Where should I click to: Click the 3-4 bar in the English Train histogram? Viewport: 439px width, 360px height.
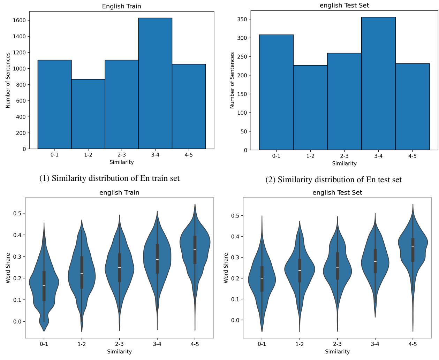(155, 84)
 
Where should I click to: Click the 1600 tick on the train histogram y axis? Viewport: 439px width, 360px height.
(20, 20)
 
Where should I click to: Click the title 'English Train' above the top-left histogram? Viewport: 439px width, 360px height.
(121, 6)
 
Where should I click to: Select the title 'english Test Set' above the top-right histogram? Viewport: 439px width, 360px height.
(344, 5)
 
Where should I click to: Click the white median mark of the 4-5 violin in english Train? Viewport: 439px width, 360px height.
(195, 249)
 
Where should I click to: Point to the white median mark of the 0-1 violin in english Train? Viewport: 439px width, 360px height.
(44, 285)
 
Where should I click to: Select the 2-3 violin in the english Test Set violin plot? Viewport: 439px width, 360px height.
(337, 268)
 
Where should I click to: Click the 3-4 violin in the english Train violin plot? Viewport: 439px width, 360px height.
(157, 260)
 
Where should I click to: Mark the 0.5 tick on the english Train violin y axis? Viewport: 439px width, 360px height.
(17, 213)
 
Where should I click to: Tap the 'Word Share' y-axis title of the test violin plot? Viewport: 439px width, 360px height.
(226, 268)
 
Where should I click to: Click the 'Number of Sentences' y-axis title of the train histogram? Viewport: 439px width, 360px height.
(8, 81)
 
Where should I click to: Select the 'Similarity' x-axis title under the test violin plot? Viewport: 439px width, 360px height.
(337, 352)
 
